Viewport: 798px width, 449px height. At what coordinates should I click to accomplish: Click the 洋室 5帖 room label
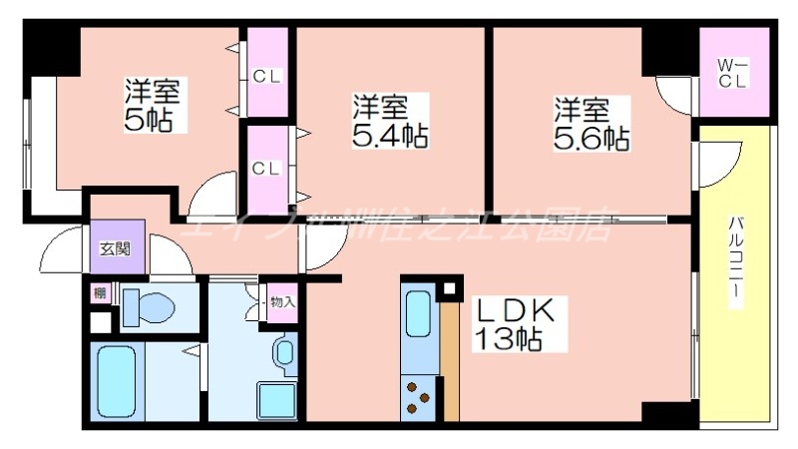[152, 105]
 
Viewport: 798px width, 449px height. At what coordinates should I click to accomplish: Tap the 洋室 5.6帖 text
[592, 123]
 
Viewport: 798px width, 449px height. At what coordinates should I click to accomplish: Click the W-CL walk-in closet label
[733, 73]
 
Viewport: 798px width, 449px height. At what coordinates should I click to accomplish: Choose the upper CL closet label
[265, 76]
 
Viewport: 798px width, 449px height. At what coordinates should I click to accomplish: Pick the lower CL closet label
[265, 168]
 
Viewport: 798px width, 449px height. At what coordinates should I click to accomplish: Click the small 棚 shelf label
[99, 292]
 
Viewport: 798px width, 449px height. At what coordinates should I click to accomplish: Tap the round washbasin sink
[284, 351]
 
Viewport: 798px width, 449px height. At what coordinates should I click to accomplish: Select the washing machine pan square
[276, 400]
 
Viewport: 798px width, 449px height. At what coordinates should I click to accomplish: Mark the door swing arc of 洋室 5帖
[211, 192]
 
